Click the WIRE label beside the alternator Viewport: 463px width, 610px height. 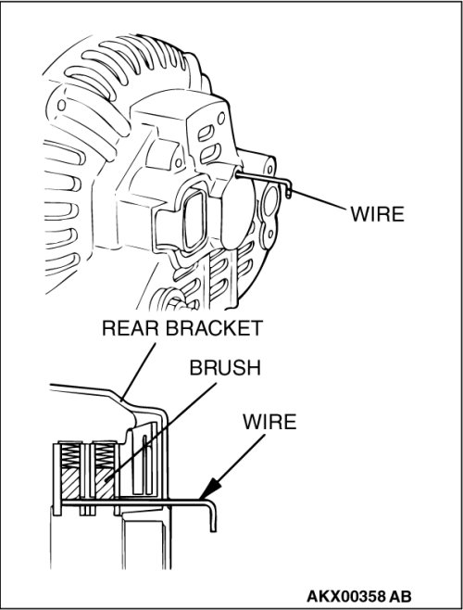coord(377,214)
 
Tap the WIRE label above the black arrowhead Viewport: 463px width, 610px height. coord(269,422)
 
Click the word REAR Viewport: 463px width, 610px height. coord(131,328)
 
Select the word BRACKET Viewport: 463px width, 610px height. coord(215,328)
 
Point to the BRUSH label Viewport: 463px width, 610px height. coord(225,368)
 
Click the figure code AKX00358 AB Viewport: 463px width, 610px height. coord(359,596)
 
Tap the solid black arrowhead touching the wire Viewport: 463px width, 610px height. coord(210,489)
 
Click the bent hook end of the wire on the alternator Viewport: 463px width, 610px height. coord(288,189)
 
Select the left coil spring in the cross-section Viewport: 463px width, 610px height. coord(70,456)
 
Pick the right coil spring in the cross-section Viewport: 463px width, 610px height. coord(105,456)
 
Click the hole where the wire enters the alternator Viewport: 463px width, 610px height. coord(238,174)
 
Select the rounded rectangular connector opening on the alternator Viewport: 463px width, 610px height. coord(196,221)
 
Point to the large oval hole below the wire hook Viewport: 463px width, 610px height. coord(269,202)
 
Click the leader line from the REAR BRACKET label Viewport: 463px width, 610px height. coord(138,372)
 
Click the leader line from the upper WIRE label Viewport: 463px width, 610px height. coord(319,199)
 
